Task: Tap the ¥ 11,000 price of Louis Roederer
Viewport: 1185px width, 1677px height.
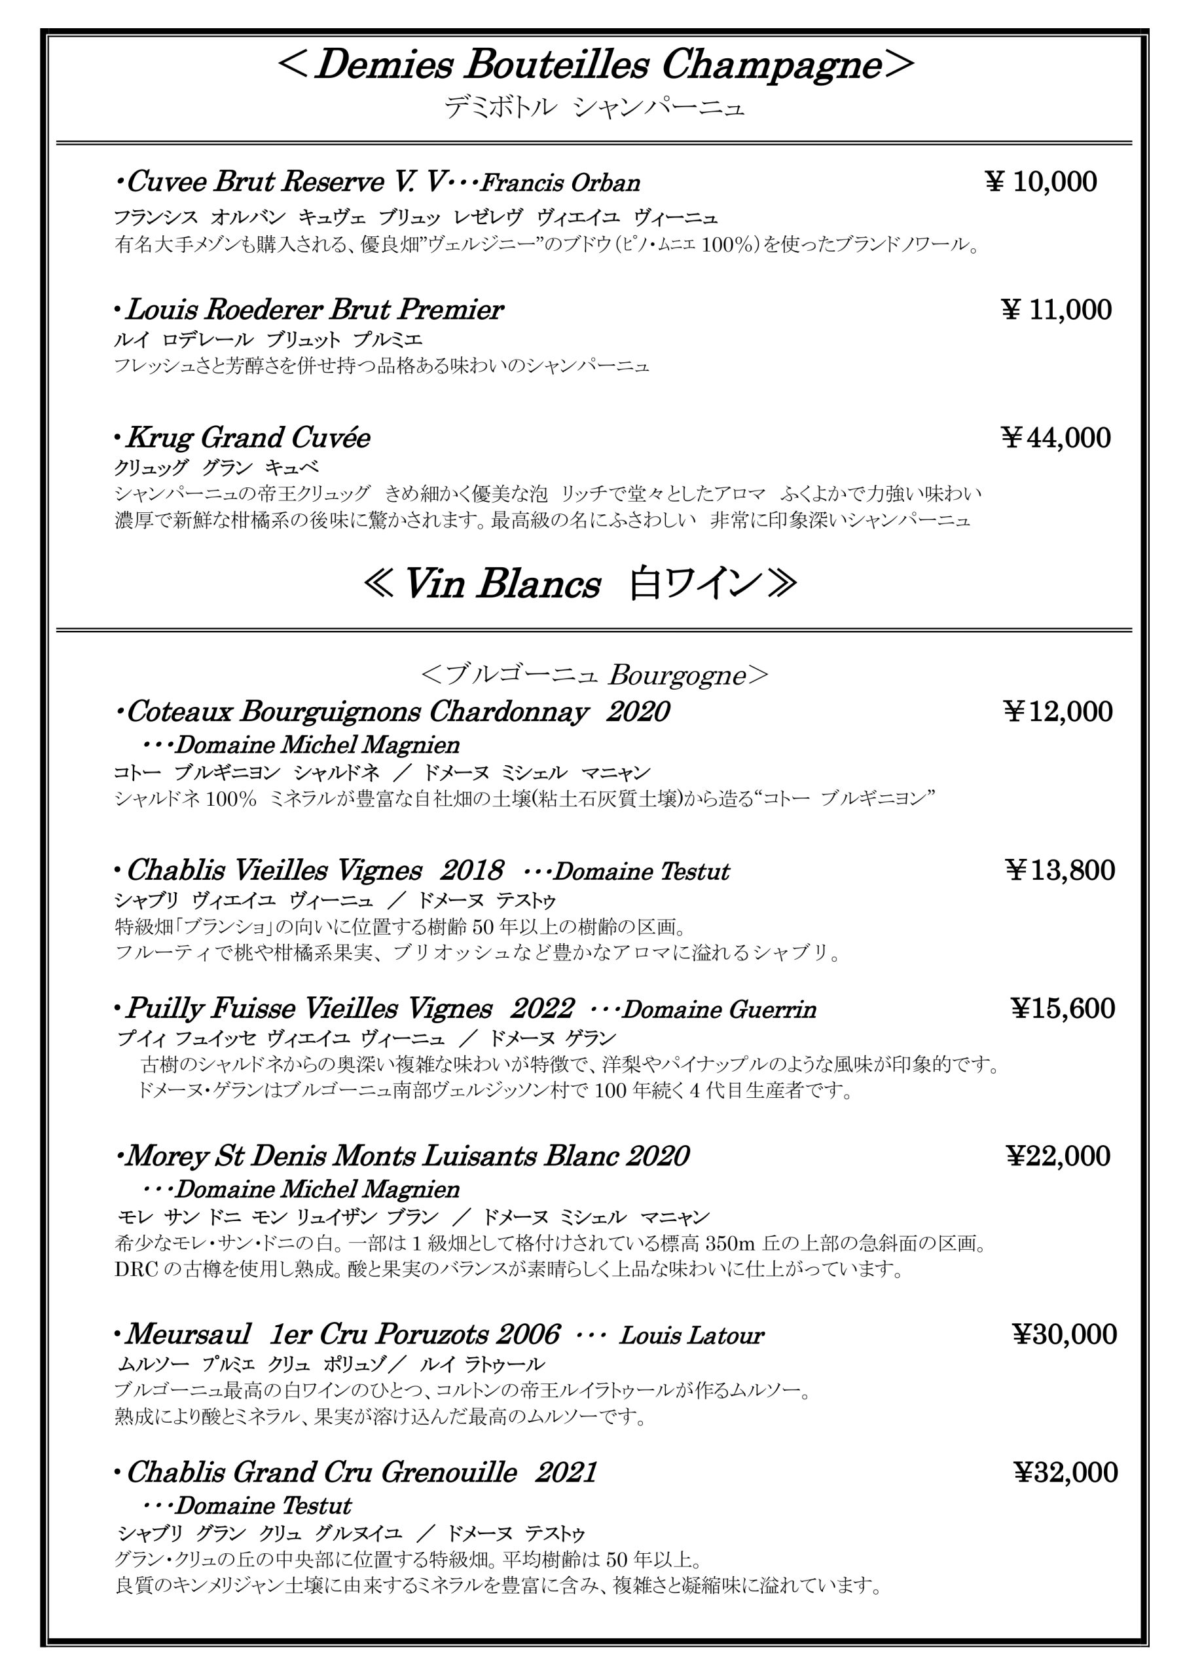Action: [x=1056, y=310]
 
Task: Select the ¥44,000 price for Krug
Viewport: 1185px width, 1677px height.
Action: [x=1056, y=438]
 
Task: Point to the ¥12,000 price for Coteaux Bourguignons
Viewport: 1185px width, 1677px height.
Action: [x=1058, y=711]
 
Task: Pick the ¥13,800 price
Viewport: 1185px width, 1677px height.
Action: [x=1059, y=870]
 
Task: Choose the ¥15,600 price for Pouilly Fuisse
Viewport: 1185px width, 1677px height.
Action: [x=1063, y=1008]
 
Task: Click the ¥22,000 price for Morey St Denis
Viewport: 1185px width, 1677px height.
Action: [x=1058, y=1156]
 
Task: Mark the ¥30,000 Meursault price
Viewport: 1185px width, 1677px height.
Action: [x=1064, y=1334]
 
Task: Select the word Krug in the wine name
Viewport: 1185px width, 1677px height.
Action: [x=160, y=438]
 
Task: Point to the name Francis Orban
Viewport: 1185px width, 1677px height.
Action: [x=560, y=183]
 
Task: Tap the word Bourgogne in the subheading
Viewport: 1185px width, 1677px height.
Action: [x=676, y=675]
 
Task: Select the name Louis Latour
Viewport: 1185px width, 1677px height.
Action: [x=691, y=1335]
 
